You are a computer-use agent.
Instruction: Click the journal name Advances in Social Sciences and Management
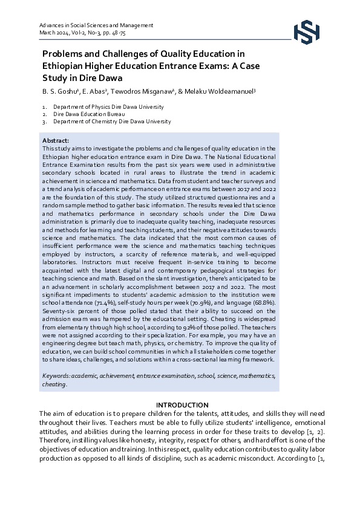[87, 26]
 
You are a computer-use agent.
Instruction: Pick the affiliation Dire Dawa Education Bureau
[89, 114]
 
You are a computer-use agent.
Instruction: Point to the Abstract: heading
[56, 140]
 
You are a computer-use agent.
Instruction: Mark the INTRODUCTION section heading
[182, 404]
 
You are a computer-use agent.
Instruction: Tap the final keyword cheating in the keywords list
[54, 384]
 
